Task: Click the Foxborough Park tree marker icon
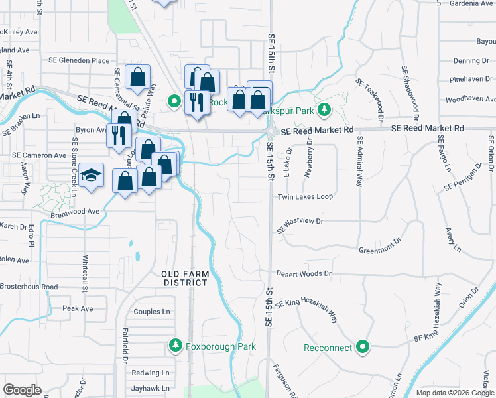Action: coord(175,346)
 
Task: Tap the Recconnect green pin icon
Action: coord(363,347)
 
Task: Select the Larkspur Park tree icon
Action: coord(324,109)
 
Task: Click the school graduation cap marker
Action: coord(92,176)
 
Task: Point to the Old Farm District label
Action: coord(185,278)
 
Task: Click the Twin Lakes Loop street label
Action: coord(305,197)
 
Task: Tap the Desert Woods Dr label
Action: coord(304,273)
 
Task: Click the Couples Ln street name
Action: coord(152,312)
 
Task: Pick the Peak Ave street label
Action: coord(78,308)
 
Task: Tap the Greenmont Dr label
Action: coord(381,251)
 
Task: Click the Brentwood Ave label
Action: coord(74,212)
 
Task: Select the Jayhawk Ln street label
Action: coord(150,388)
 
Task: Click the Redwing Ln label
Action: coord(146,373)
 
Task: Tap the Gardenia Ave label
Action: coord(472,3)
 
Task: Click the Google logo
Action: coord(22,390)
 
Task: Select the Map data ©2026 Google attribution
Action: coord(454,393)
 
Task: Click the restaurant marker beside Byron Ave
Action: coord(119,134)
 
